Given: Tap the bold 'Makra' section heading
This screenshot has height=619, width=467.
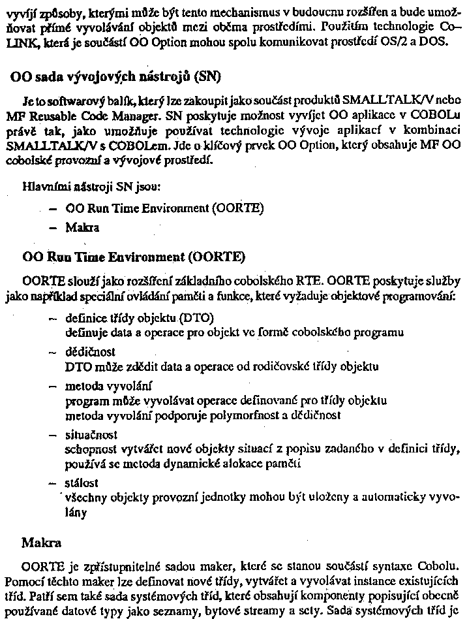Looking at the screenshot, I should [42, 543].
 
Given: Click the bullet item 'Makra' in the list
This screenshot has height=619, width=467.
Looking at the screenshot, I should [82, 228].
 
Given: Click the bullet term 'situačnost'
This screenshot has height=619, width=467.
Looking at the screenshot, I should [91, 434].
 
